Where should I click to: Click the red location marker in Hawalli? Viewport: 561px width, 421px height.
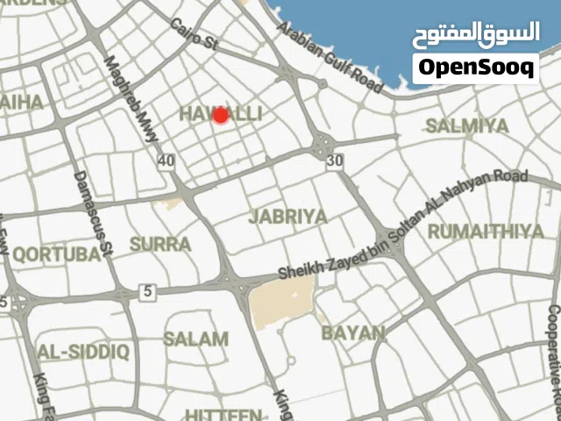coord(221,115)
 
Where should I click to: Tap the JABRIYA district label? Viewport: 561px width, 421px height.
coord(288,216)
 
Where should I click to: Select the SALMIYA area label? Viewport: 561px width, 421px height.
coord(467,125)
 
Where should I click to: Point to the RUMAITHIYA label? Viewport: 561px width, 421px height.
coord(486,232)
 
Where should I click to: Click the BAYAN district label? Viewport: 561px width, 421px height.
coord(352,332)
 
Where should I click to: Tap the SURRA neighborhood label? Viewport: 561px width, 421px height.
coord(160,244)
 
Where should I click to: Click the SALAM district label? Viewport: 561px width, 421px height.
coord(195,339)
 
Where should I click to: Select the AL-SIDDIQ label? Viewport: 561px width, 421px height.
coord(83,353)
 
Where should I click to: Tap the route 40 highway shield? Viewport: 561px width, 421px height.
coord(167,161)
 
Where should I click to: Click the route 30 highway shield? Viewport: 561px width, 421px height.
coord(333,161)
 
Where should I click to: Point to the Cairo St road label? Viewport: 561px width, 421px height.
coord(194,34)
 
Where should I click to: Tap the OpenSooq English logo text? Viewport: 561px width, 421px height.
coord(476,68)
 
